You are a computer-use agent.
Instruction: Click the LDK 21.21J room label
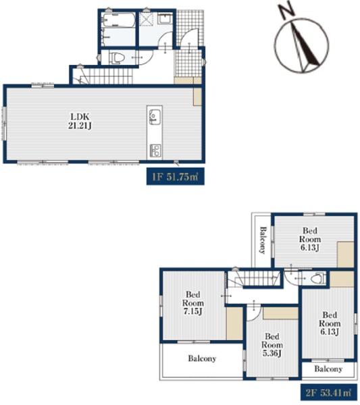[80, 121]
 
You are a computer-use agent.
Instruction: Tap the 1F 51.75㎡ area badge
[176, 177]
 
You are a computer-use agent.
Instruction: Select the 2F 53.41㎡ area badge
[328, 393]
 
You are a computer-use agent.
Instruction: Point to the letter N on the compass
[286, 12]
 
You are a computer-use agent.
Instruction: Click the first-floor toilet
[117, 57]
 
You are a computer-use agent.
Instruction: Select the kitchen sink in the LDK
[154, 117]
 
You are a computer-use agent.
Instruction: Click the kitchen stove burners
[155, 151]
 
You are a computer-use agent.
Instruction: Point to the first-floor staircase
[103, 76]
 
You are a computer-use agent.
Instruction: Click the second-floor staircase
[254, 278]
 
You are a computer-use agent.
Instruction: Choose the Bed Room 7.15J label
[193, 302]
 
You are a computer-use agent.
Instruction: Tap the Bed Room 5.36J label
[272, 344]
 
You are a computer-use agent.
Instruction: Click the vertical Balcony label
[263, 240]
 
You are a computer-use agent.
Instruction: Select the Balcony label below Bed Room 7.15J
[202, 358]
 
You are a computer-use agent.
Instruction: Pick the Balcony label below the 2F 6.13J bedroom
[328, 369]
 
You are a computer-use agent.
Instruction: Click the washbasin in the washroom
[165, 19]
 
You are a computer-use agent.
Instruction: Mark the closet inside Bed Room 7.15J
[234, 323]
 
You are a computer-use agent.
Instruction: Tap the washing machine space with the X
[147, 19]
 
